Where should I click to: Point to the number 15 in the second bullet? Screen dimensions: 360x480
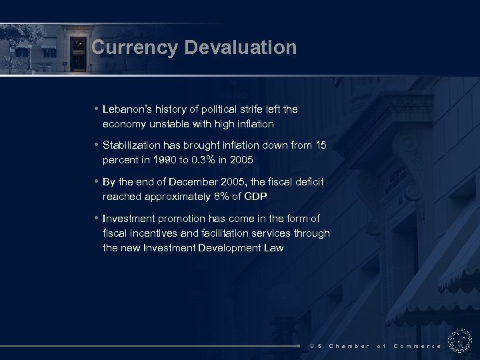pos(321,145)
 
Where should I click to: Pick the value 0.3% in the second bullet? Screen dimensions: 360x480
pos(201,161)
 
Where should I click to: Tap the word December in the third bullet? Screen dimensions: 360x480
pos(196,182)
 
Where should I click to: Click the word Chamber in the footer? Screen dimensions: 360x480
pos(349,346)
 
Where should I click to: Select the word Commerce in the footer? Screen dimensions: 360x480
pos(417,346)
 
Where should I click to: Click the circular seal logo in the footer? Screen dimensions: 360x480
pos(459,340)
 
